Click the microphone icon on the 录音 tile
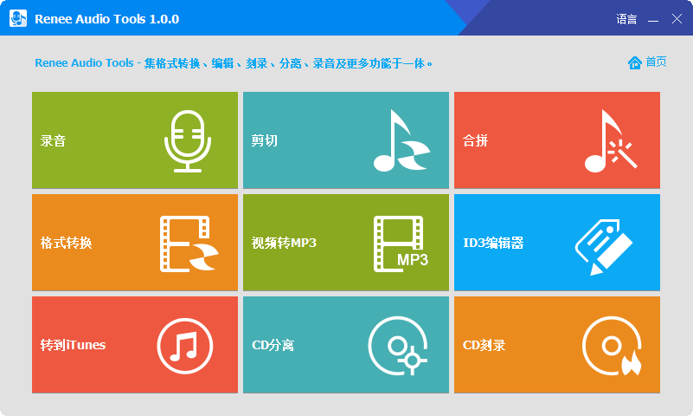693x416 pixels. (x=188, y=141)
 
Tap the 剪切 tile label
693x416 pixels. (x=264, y=141)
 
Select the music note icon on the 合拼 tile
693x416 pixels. (x=610, y=141)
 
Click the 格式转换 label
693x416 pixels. (x=66, y=243)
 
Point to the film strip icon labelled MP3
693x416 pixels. (x=401, y=243)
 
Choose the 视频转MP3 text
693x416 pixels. (x=284, y=243)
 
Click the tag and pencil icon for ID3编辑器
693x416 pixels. (x=606, y=243)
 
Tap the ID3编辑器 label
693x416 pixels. (x=493, y=243)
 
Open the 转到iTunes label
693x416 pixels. (x=73, y=345)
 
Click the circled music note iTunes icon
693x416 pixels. (x=184, y=345)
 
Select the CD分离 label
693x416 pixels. (x=273, y=345)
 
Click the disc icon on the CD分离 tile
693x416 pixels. (x=397, y=345)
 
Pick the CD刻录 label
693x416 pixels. (x=484, y=345)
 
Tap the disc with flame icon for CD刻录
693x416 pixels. (x=611, y=345)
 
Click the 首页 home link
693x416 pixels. (x=648, y=62)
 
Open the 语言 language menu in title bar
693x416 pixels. (x=626, y=19)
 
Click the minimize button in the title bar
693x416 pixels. (x=653, y=19)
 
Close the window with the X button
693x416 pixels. (x=677, y=19)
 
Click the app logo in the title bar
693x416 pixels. (x=17, y=18)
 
